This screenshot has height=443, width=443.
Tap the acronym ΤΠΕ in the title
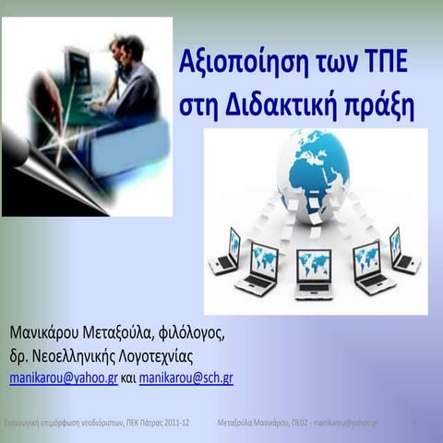point(387,67)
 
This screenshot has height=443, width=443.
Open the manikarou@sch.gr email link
point(186,378)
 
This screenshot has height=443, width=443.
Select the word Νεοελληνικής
point(90,356)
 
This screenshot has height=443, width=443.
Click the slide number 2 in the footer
point(414,421)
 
